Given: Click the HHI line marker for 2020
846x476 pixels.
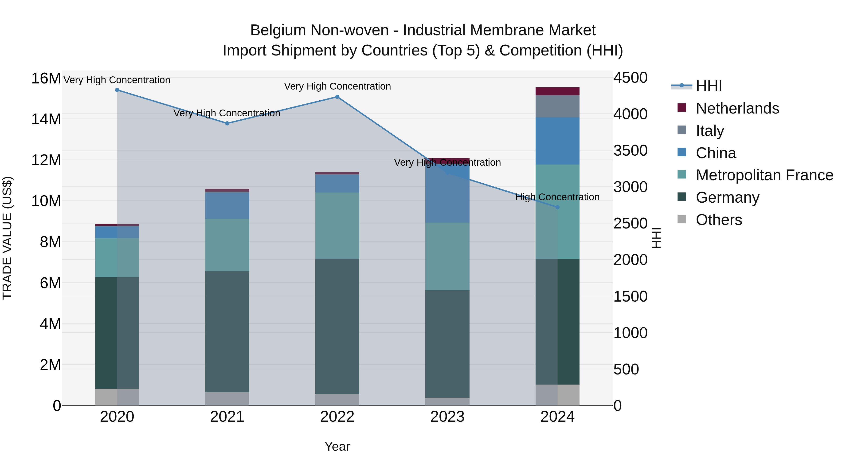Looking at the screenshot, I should tap(117, 90).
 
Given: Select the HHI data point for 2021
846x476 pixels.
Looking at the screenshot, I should tap(227, 123).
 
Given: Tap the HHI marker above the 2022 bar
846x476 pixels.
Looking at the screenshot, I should tap(337, 97).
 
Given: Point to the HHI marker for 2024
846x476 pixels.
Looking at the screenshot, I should tap(557, 207).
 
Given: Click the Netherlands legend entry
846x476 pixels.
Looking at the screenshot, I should tap(737, 108).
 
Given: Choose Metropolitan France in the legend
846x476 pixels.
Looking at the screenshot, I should tap(764, 175).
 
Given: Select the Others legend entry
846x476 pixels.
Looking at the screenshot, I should tap(719, 220).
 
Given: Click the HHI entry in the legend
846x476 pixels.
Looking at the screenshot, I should tap(709, 86).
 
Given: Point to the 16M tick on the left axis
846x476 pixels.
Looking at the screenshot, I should tap(46, 79).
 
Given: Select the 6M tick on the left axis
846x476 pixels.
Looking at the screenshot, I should tap(50, 283).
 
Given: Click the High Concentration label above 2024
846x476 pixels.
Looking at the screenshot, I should tap(557, 197).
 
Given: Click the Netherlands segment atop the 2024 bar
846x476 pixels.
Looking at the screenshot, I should tap(557, 91).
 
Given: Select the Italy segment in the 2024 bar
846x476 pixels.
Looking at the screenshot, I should tap(557, 106).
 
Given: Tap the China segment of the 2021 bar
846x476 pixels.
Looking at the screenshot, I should tap(227, 205).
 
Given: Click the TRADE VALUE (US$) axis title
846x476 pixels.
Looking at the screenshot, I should tap(7, 238).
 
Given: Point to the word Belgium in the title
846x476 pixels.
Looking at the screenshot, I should tap(278, 30).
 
